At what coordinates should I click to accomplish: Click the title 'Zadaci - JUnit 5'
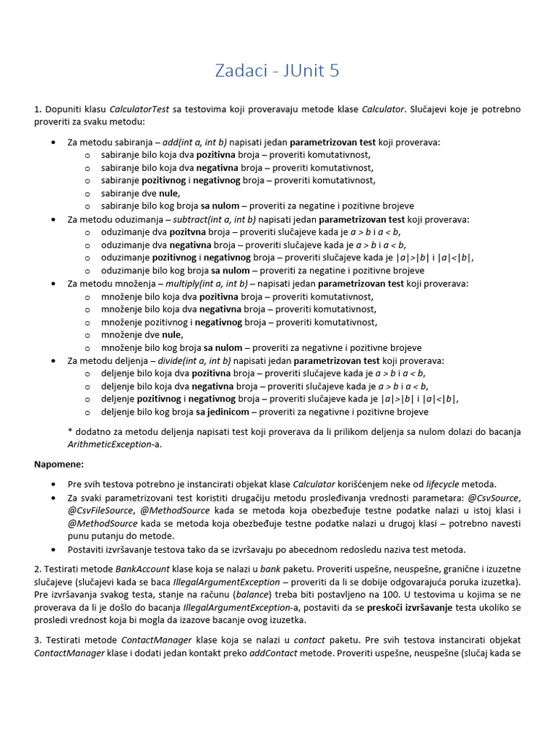tap(277, 70)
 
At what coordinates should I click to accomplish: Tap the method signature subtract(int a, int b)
tap(215, 219)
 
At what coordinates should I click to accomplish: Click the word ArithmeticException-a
tap(114, 444)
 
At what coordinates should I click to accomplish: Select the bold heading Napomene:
tap(59, 464)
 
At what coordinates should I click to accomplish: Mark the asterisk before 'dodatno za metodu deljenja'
tap(69, 431)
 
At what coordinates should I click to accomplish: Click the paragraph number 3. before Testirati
tap(38, 640)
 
